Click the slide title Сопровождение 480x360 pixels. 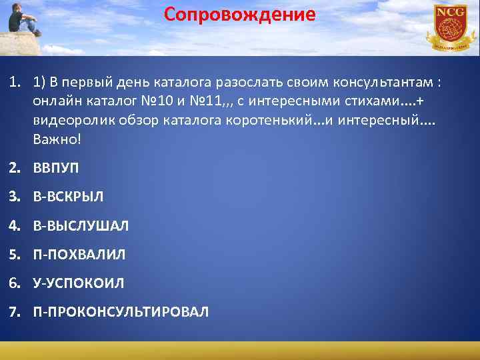pyautogui.click(x=240, y=15)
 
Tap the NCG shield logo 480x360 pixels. pyautogui.click(x=450, y=27)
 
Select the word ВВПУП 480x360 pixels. pyautogui.click(x=56, y=168)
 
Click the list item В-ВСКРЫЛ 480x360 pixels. pyautogui.click(x=69, y=197)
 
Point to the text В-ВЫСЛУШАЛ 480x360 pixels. pyautogui.click(x=81, y=226)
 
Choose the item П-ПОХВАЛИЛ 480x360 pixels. pyautogui.click(x=79, y=255)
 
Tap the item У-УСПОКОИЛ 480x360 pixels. pyautogui.click(x=79, y=283)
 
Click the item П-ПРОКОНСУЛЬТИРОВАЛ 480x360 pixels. pyautogui.click(x=121, y=312)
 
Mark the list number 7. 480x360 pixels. pyautogui.click(x=13, y=312)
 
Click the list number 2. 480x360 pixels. pyautogui.click(x=13, y=168)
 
